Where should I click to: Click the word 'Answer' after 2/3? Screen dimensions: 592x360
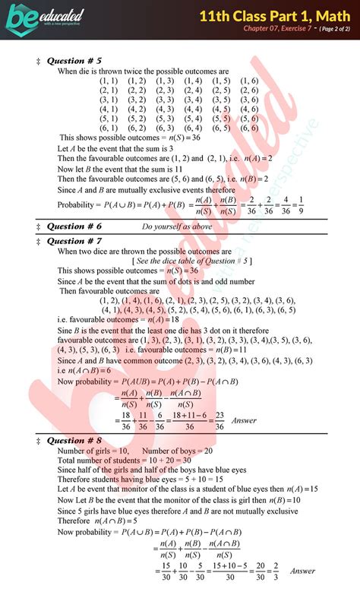(x=302, y=571)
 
